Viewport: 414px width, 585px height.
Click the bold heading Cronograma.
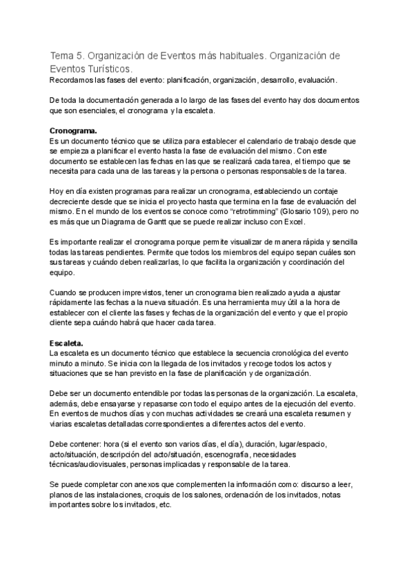click(74, 130)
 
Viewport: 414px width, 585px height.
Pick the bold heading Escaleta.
click(67, 343)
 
